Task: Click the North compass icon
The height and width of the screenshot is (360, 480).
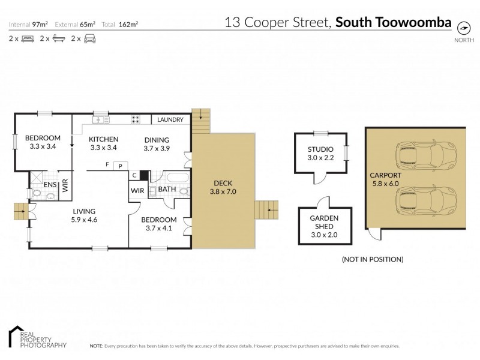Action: click(x=463, y=28)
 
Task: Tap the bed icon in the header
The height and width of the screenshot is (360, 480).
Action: click(x=27, y=38)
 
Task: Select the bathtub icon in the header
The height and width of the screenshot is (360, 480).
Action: click(x=58, y=38)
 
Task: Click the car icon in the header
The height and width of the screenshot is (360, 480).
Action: click(x=89, y=38)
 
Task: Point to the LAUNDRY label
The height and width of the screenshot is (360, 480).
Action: click(x=170, y=120)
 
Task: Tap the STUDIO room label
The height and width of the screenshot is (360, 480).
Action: click(x=320, y=154)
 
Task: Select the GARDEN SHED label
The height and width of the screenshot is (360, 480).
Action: click(x=324, y=222)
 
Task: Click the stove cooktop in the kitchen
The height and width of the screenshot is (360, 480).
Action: click(x=136, y=119)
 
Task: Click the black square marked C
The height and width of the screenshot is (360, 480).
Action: click(x=144, y=176)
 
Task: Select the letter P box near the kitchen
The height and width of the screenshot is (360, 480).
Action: click(x=121, y=166)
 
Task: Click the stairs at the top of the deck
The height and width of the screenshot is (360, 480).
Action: click(x=199, y=121)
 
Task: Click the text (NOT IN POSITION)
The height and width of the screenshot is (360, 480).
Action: click(x=372, y=259)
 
